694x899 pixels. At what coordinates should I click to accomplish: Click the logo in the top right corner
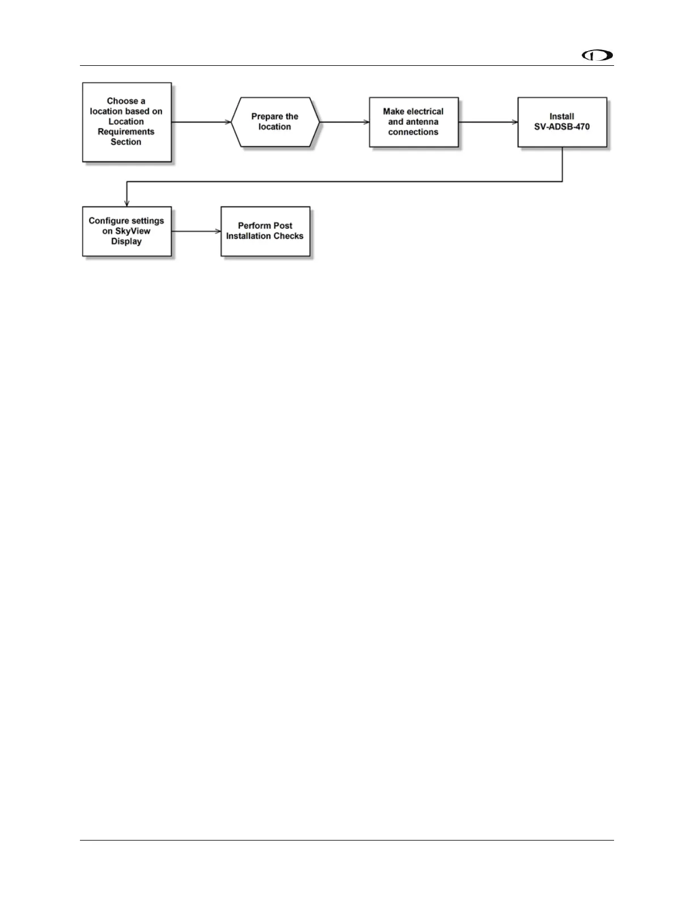598,56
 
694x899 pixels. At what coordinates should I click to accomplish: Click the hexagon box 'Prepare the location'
275,122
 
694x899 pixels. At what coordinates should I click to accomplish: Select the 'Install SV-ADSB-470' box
562,122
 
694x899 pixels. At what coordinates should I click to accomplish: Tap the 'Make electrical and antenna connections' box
413,122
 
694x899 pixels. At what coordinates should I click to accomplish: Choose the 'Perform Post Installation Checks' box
265,231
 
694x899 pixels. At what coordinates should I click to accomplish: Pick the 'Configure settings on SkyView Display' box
126,231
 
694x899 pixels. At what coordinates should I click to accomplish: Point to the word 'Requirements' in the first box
126,132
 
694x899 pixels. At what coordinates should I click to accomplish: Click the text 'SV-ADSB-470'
562,127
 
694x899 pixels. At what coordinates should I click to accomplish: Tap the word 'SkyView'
133,231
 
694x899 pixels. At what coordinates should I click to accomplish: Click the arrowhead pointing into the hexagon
228,122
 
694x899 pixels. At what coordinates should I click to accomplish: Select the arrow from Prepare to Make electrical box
345,122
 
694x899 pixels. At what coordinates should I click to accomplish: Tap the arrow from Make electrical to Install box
488,122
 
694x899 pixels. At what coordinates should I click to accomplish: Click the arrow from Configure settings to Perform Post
196,231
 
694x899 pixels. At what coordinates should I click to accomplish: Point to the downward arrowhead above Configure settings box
126,203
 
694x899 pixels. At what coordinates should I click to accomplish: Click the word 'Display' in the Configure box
126,241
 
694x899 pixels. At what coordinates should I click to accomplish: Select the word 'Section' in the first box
126,142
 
